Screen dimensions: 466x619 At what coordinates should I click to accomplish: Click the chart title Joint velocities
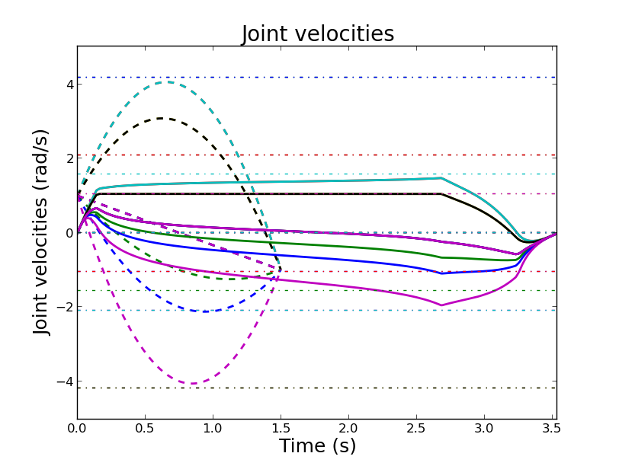pos(318,34)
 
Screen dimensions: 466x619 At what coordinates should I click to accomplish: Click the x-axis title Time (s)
pos(317,446)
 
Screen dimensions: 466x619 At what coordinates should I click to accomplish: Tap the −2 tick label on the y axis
pos(65,307)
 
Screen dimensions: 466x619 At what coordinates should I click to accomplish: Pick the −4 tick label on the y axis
pos(65,381)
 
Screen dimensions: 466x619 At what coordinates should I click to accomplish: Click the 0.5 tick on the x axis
pos(145,429)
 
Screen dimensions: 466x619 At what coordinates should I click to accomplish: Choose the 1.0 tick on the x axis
pos(213,429)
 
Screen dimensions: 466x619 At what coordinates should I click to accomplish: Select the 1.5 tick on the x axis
pos(281,429)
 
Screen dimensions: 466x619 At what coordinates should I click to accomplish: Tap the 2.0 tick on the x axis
pos(348,429)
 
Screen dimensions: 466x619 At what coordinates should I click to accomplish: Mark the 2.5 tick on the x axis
pos(416,429)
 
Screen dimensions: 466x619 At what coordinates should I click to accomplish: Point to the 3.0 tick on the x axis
pos(484,429)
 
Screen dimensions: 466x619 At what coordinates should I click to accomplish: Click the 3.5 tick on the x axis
pos(552,429)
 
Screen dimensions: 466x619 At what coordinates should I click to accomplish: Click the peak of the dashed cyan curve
pos(167,81)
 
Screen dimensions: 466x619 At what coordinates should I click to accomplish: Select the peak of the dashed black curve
pos(161,118)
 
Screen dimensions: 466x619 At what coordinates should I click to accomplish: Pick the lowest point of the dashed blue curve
pos(201,311)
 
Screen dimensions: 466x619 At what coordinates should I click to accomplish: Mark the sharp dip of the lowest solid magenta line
pos(441,305)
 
